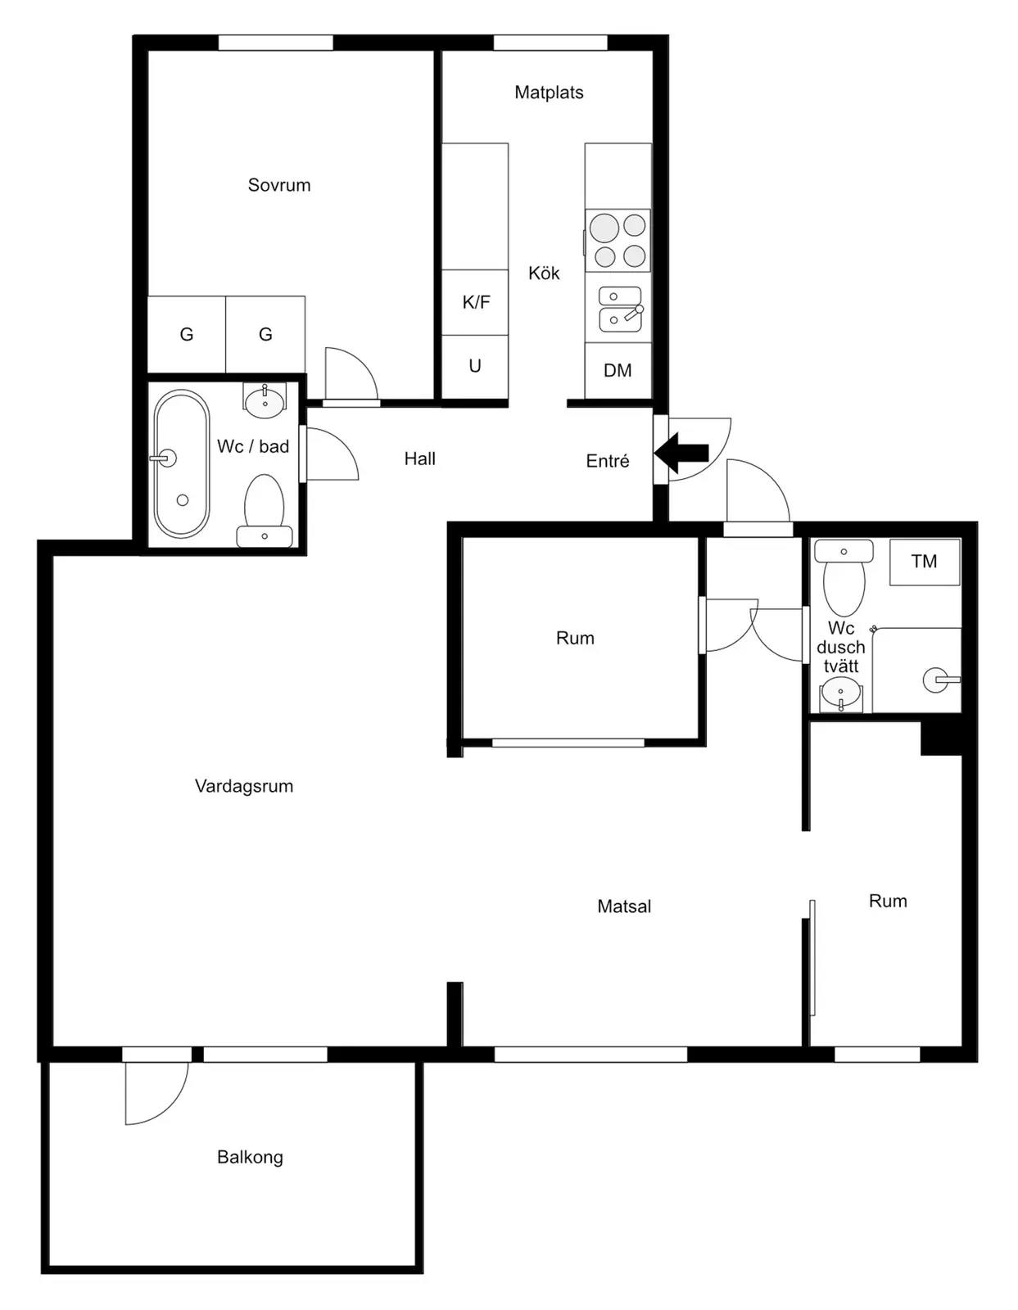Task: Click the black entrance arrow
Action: click(681, 453)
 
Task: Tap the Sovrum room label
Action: click(279, 185)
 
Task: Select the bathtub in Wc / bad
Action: click(182, 463)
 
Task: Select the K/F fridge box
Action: click(475, 303)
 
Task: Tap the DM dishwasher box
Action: click(618, 371)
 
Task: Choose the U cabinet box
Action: click(475, 367)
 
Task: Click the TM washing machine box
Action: click(925, 562)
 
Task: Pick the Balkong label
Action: click(250, 1157)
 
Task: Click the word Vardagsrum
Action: click(244, 786)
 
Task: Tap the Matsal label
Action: click(624, 906)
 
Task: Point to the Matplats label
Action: click(549, 93)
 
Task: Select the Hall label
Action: click(420, 458)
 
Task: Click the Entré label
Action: click(608, 461)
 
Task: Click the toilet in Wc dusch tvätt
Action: click(844, 577)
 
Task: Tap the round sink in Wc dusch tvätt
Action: click(840, 693)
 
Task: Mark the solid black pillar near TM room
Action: click(941, 739)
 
